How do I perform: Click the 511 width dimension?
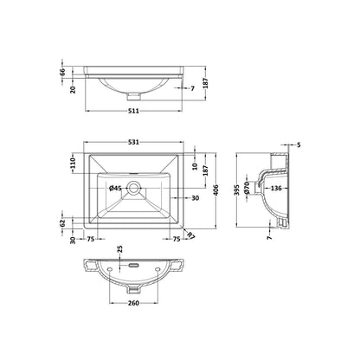[x=133, y=111]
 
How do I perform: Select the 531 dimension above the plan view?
[x=133, y=142]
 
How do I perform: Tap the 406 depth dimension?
[x=216, y=190]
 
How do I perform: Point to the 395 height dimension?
[x=237, y=190]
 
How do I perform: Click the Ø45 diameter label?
[x=115, y=189]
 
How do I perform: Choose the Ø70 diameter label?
[x=247, y=188]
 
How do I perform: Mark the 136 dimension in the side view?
[x=276, y=189]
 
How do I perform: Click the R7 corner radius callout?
[x=191, y=235]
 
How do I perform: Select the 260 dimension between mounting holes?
[x=133, y=303]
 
